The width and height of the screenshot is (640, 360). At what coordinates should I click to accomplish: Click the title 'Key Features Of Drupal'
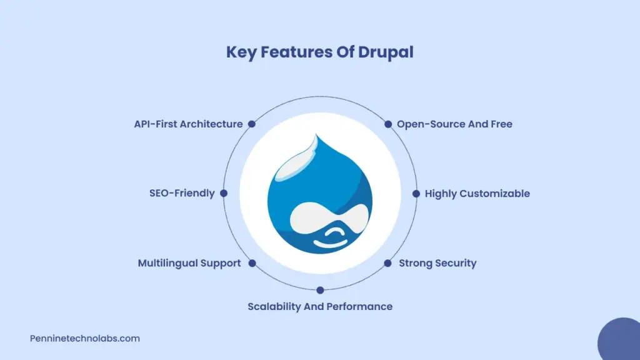coord(319,52)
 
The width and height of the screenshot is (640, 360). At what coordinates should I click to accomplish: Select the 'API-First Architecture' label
coord(188,124)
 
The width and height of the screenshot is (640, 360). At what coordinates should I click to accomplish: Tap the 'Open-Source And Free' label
coord(454,124)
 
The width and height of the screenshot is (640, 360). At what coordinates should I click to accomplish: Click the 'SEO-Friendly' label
coord(182,193)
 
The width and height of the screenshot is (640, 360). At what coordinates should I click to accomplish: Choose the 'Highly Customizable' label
coord(477,194)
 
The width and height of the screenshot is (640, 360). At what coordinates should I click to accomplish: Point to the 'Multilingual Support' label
coord(189,263)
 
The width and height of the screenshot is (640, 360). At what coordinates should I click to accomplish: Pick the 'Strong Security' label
coord(437,263)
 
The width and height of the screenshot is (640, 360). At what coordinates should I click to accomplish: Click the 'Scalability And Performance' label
coord(320,306)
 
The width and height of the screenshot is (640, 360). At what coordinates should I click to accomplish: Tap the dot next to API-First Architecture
coord(252,124)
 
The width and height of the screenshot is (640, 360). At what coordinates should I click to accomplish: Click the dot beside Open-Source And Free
coord(388,124)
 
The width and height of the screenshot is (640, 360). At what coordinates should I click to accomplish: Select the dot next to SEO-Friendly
coord(224,193)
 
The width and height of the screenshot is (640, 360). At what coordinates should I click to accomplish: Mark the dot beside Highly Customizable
coord(416,194)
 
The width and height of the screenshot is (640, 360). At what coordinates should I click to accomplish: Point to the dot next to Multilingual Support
coord(252,263)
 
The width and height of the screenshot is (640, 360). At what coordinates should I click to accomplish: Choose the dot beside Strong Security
coord(387,263)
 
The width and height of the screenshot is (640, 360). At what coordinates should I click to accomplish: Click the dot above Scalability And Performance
coord(320,290)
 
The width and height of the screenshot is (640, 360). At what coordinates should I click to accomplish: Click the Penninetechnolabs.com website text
coord(85,338)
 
